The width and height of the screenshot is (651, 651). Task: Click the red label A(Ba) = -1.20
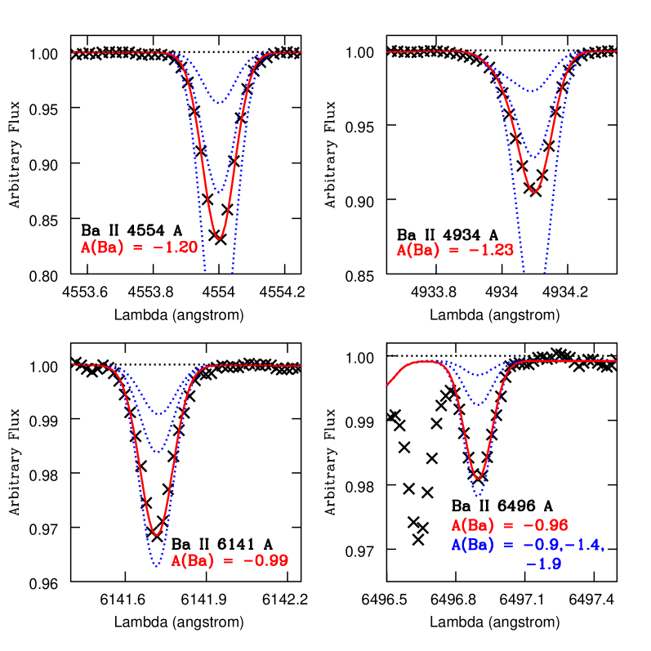(x=139, y=247)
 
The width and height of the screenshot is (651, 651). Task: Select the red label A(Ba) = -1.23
(x=455, y=250)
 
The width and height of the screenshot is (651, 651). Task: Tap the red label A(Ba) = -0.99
(x=230, y=561)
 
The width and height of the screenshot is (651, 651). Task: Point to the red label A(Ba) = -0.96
(x=510, y=525)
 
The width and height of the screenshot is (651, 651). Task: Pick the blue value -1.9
(x=544, y=564)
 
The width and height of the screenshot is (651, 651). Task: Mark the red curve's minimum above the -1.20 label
(x=219, y=238)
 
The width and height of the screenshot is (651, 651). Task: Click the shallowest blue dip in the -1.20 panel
(x=219, y=102)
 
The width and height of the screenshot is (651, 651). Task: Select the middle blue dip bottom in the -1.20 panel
(x=219, y=192)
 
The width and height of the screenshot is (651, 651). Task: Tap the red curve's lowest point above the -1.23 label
(x=533, y=192)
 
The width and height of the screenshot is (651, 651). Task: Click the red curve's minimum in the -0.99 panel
(x=155, y=534)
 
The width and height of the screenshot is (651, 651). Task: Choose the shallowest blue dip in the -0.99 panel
(x=159, y=413)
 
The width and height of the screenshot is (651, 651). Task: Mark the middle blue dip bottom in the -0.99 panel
(x=156, y=451)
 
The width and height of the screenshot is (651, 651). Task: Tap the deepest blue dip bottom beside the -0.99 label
(x=155, y=566)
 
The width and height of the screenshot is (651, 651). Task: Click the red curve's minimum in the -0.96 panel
(x=478, y=478)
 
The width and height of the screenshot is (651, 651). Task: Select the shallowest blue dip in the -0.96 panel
(x=479, y=376)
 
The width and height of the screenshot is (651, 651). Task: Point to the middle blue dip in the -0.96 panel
(x=479, y=404)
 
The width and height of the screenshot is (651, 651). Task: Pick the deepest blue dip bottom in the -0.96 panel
(x=477, y=495)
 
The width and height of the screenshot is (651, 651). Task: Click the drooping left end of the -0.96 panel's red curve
(x=389, y=383)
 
